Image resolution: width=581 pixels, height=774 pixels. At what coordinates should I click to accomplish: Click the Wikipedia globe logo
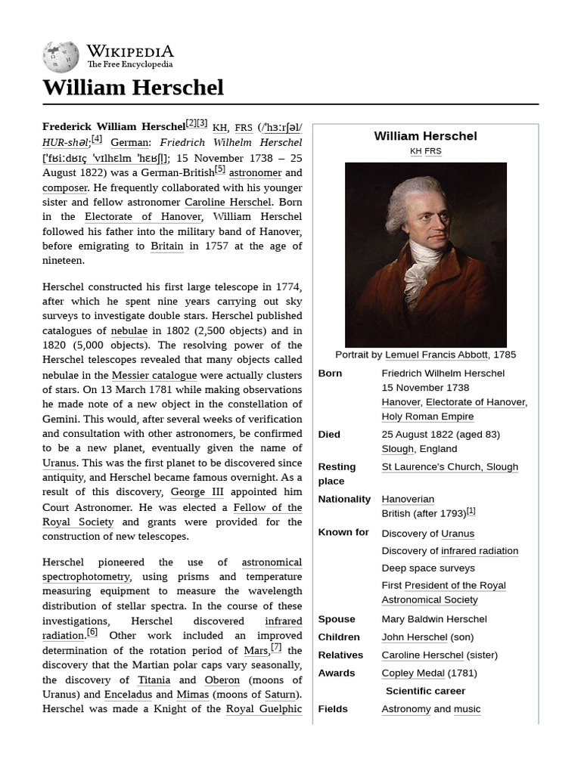point(61,57)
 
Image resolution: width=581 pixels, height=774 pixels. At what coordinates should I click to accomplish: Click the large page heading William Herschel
point(133,88)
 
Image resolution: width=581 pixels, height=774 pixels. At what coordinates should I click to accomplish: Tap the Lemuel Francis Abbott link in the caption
point(437,354)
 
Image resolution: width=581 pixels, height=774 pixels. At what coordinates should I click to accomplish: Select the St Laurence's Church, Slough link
point(449,467)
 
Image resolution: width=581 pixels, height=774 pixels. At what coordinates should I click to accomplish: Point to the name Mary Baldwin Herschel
point(433,619)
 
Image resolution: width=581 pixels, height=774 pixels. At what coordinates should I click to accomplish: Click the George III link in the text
point(197,493)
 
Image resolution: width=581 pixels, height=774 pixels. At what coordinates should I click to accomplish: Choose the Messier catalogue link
point(154,376)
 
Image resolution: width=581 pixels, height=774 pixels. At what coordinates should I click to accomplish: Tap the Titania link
point(154,680)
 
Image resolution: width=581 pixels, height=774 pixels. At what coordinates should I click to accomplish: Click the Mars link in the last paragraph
point(256,651)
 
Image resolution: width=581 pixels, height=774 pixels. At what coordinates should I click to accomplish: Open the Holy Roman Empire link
point(427,416)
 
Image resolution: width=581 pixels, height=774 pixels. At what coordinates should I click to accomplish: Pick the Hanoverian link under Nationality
point(408,500)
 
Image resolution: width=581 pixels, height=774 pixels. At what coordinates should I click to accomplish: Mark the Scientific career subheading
point(425,691)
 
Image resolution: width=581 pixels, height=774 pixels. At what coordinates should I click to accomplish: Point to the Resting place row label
point(337,474)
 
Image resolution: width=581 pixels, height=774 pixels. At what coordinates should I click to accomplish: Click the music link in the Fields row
point(467,709)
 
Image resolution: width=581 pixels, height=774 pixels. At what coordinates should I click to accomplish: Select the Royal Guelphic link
point(264,709)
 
